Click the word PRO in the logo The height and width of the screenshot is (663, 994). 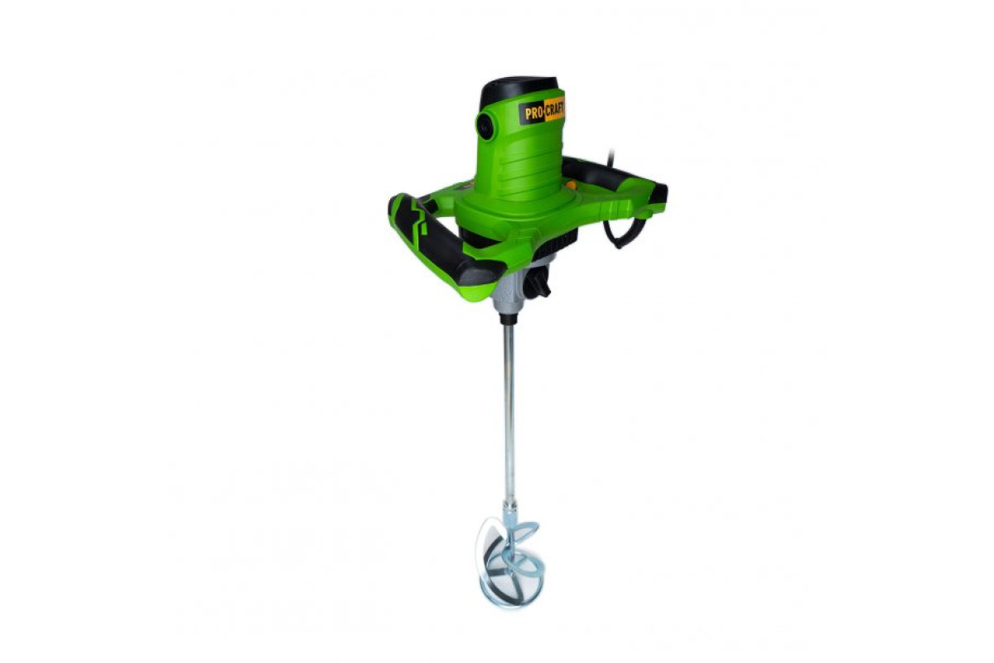click(534, 114)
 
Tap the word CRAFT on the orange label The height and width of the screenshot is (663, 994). click(555, 109)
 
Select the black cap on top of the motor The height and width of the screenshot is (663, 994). click(520, 91)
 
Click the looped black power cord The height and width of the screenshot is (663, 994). click(621, 231)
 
